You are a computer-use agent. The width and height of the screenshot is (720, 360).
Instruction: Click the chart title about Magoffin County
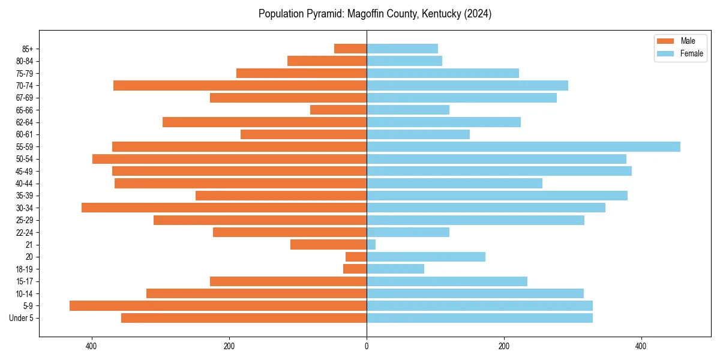click(375, 14)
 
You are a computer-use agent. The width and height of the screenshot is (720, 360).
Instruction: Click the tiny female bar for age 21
click(371, 245)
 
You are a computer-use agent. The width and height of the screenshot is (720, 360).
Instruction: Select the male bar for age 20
click(356, 257)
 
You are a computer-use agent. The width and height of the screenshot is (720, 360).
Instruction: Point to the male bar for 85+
click(350, 49)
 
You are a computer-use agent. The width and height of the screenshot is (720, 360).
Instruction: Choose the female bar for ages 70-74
click(467, 86)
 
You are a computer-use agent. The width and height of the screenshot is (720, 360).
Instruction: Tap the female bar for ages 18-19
click(395, 269)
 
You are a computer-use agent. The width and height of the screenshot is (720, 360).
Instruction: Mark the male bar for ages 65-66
click(338, 110)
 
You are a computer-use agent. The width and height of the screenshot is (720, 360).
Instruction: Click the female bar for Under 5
click(479, 318)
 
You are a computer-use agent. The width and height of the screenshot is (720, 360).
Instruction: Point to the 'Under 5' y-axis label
click(21, 318)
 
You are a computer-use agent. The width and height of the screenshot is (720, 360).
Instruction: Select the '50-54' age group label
click(25, 159)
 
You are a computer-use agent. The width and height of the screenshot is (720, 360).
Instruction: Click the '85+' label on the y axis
click(27, 49)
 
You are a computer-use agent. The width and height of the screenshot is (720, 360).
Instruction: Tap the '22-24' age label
click(25, 233)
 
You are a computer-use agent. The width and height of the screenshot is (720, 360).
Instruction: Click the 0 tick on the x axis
click(367, 346)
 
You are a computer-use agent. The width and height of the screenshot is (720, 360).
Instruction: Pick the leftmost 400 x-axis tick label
click(92, 346)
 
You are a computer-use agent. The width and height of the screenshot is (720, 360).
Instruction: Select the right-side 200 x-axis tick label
click(504, 346)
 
